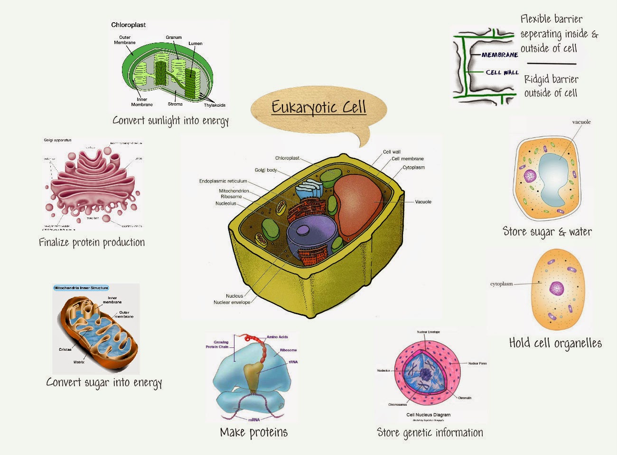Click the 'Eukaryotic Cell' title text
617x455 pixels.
(x=319, y=107)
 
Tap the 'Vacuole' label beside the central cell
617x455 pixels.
(x=423, y=202)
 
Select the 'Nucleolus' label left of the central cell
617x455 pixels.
(x=226, y=203)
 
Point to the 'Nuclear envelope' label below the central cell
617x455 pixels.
(x=232, y=302)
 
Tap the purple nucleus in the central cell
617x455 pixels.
(x=311, y=237)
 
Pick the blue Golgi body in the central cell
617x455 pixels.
(x=308, y=191)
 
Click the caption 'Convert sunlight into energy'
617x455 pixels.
(x=170, y=120)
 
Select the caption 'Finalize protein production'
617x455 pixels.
(x=92, y=243)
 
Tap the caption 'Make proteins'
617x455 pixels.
(x=253, y=432)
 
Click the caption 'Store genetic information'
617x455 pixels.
(x=430, y=432)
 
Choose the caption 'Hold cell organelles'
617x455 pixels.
(x=555, y=343)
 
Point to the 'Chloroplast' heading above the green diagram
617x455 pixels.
(x=128, y=25)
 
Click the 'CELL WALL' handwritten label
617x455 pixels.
(x=502, y=73)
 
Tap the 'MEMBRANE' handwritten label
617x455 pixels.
(x=500, y=55)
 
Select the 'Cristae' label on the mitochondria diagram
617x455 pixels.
(x=65, y=349)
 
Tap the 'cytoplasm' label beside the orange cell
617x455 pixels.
(x=501, y=284)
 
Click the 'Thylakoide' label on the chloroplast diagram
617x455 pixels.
(x=215, y=105)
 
